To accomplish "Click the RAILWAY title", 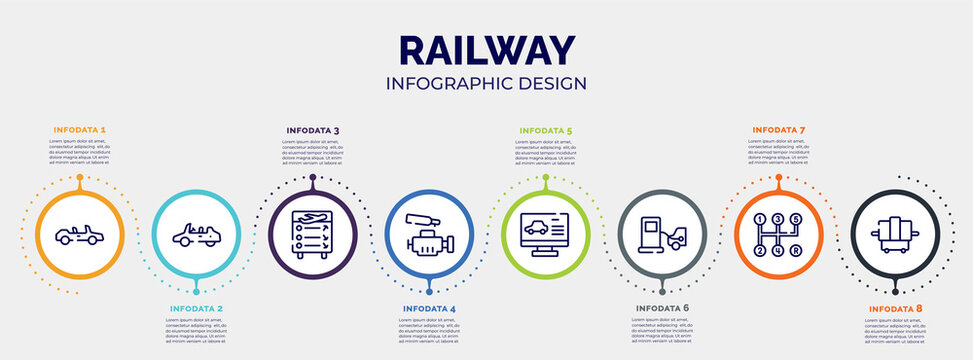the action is click(x=486, y=50).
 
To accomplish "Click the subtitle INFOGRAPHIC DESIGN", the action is click(x=486, y=83).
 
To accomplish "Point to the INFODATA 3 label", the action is click(x=312, y=130).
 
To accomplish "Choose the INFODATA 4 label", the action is click(x=429, y=309).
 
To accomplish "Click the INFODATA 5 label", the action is click(x=545, y=130).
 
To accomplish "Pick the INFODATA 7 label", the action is click(x=778, y=130).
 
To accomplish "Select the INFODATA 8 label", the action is click(x=895, y=309).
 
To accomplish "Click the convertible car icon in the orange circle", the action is click(x=78, y=235).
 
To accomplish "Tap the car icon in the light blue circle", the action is click(x=195, y=235).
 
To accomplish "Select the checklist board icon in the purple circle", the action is click(x=312, y=234).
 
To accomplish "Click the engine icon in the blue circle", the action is click(x=429, y=235).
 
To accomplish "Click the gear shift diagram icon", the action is click(x=779, y=234).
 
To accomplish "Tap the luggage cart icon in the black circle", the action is click(x=895, y=235).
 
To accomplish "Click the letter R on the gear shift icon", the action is click(x=796, y=250).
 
